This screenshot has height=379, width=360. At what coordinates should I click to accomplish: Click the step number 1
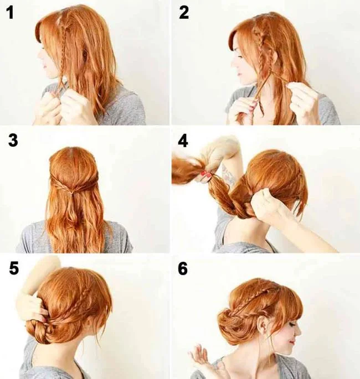pos(10,13)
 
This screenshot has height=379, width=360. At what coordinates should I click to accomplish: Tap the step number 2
pos(184,13)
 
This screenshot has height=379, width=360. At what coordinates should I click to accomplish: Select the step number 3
pos(13,141)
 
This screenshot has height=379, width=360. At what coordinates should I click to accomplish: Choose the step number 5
pos(14,268)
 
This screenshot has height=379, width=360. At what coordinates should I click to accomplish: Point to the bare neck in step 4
pos(249,227)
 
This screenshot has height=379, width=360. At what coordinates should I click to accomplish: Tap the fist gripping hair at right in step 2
pos(302,100)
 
